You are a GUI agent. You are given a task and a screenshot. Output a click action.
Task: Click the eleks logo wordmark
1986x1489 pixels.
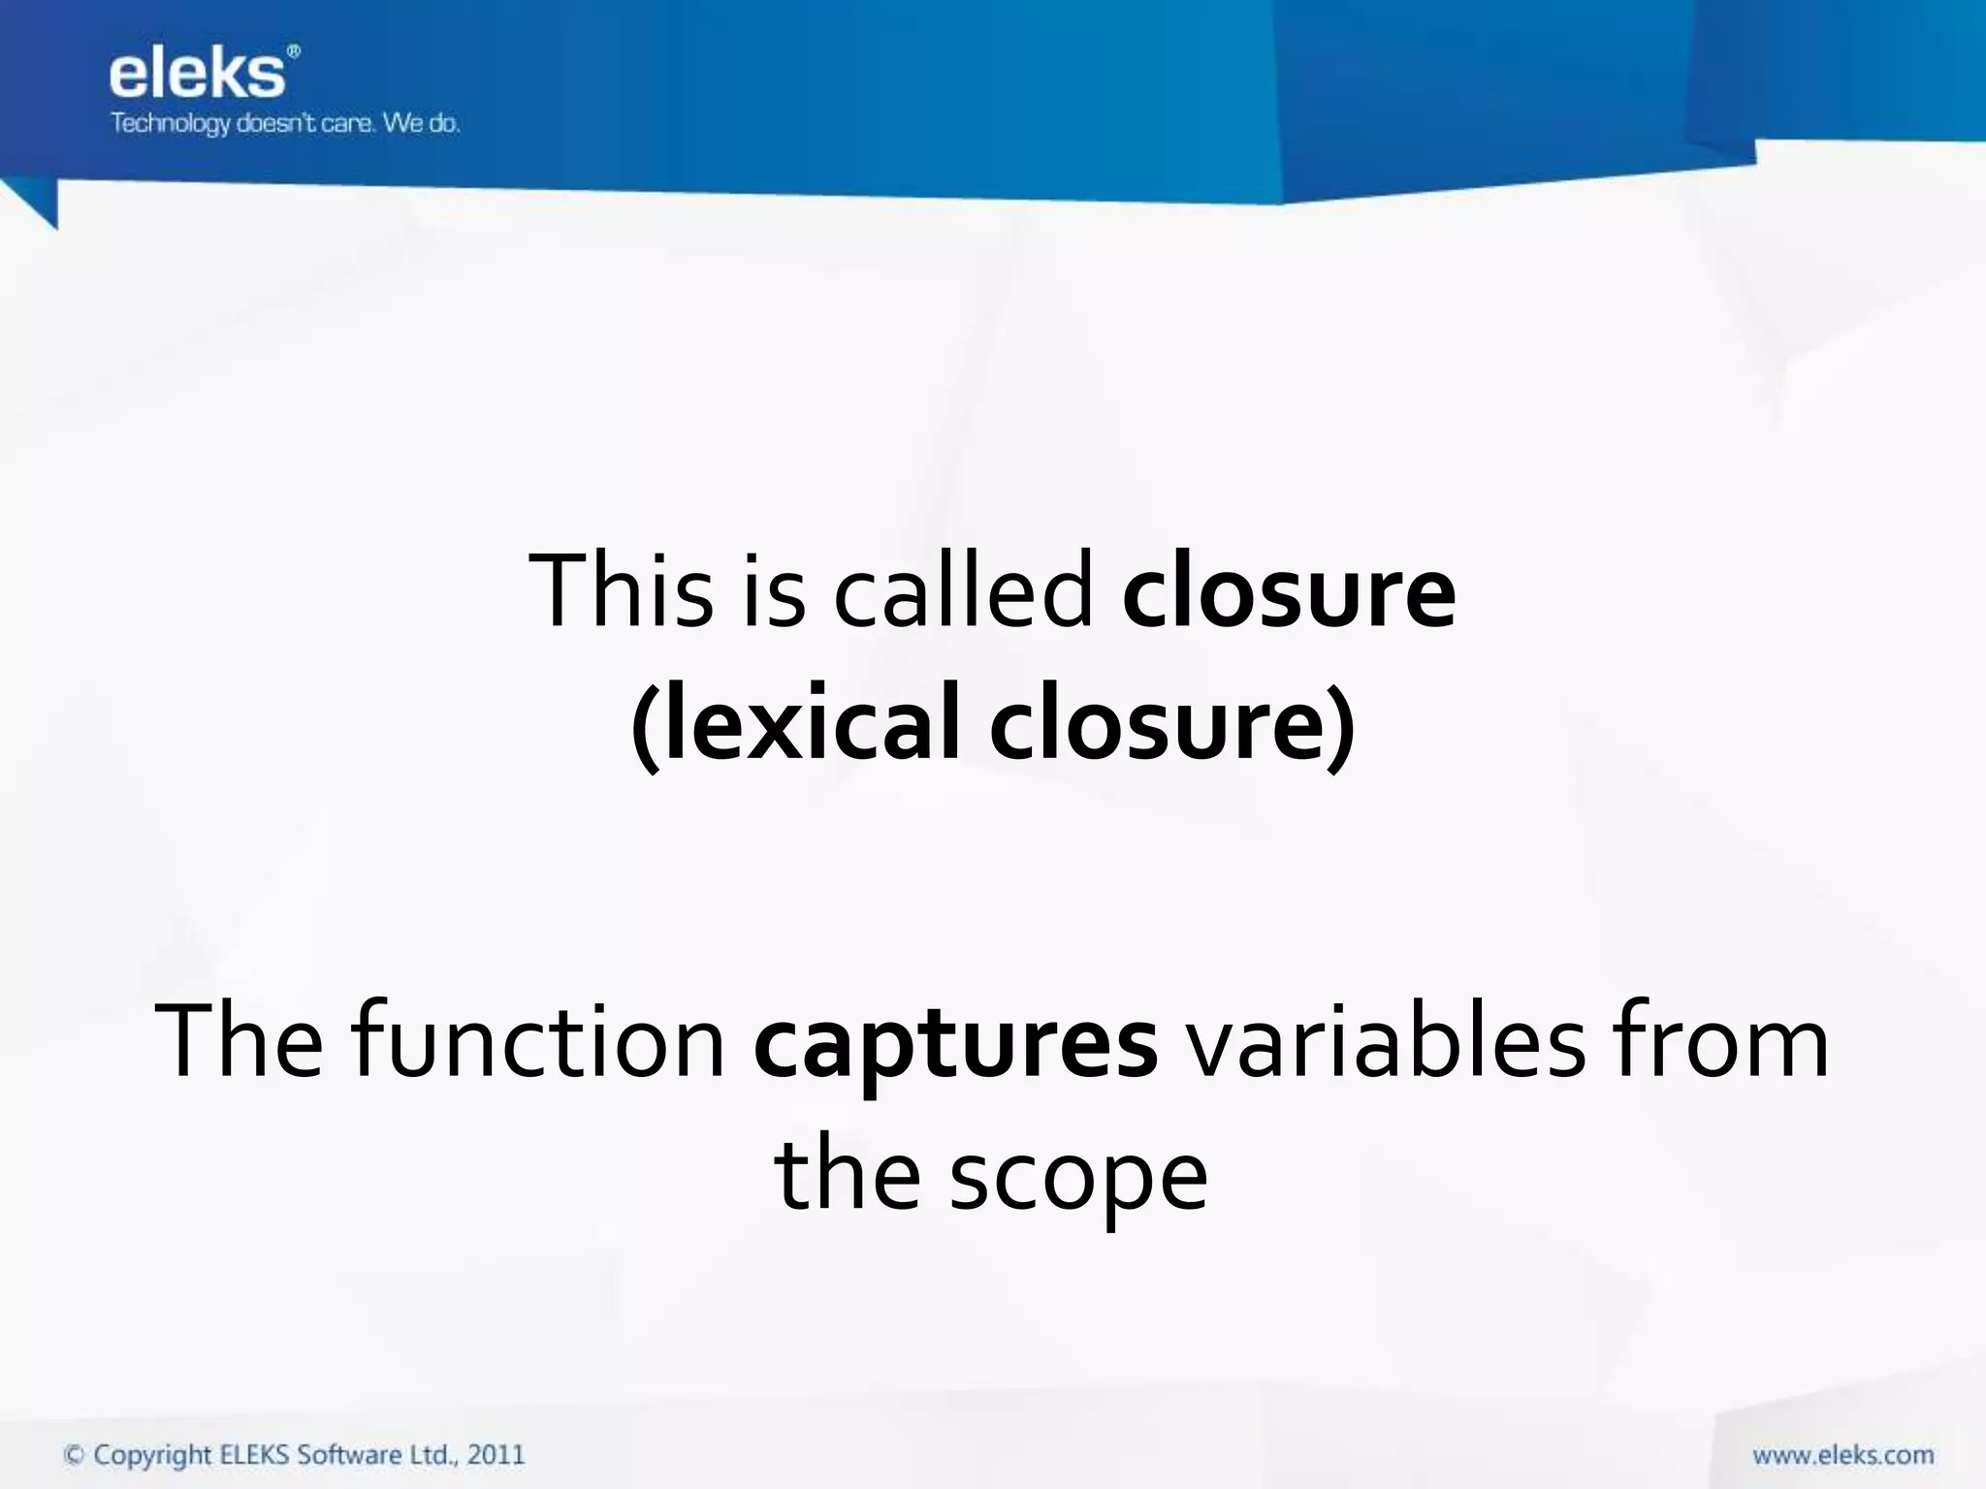click(197, 75)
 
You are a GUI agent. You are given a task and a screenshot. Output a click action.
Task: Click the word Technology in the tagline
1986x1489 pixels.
click(170, 124)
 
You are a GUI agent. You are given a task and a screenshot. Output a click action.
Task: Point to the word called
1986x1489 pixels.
click(964, 590)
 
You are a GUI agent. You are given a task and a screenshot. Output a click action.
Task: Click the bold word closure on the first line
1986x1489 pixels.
click(1289, 590)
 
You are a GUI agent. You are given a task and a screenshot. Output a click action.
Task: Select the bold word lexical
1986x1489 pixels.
click(806, 723)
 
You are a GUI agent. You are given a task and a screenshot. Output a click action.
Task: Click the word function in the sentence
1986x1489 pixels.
click(538, 1041)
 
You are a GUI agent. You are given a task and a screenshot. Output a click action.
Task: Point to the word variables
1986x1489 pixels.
click(1388, 1041)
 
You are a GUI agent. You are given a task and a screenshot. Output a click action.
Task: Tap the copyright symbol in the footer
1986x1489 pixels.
click(73, 1455)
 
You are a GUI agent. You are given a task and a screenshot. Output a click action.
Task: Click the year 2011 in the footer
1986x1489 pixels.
click(496, 1455)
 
